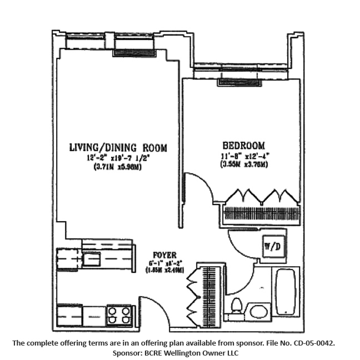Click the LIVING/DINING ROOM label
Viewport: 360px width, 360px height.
point(118,148)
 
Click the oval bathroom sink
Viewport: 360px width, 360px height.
point(258,311)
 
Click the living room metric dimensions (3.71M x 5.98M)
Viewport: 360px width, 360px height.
point(118,166)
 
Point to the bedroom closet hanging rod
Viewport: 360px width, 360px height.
point(261,214)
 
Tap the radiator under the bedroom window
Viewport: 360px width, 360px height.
point(239,83)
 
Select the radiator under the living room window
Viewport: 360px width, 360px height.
point(135,53)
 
